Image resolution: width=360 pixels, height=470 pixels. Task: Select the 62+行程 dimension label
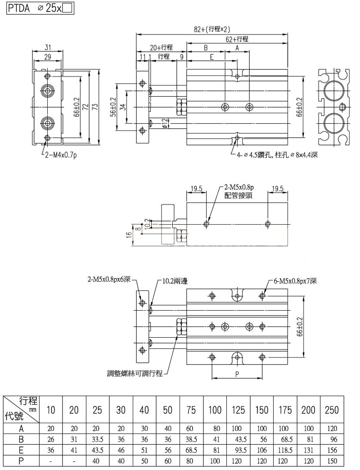237,39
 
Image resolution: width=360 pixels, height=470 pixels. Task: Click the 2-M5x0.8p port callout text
239,188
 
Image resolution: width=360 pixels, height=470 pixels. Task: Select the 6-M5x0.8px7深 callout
295,281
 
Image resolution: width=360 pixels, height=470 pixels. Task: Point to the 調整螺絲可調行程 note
135,374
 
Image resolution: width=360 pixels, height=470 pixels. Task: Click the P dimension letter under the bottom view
237,374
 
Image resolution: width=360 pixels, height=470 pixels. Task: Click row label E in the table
21,449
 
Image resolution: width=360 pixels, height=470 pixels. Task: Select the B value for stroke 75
192,439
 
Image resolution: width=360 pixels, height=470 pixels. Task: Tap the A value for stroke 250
332,429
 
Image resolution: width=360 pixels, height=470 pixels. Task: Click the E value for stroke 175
285,449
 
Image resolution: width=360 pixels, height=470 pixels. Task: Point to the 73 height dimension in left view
95,106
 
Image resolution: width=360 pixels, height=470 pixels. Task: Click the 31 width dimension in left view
47,47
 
